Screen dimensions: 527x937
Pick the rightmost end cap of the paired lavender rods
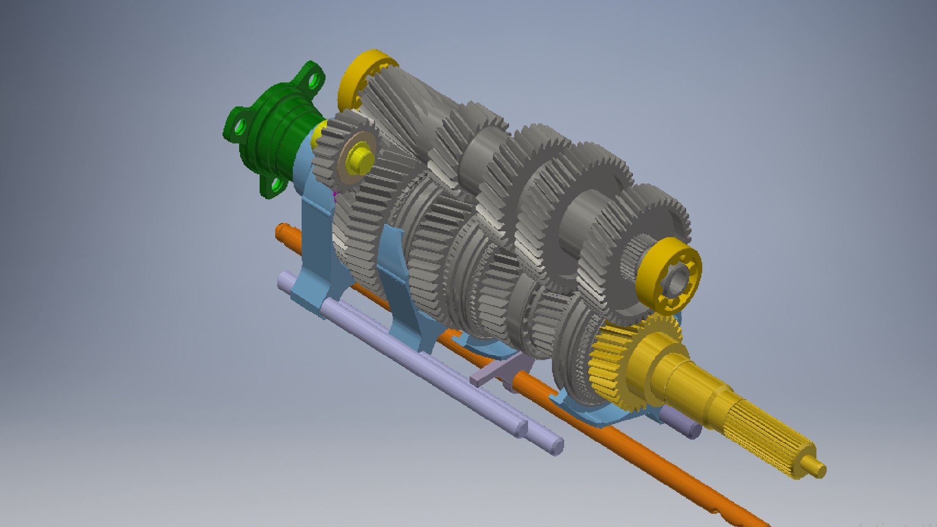click(556, 446)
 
